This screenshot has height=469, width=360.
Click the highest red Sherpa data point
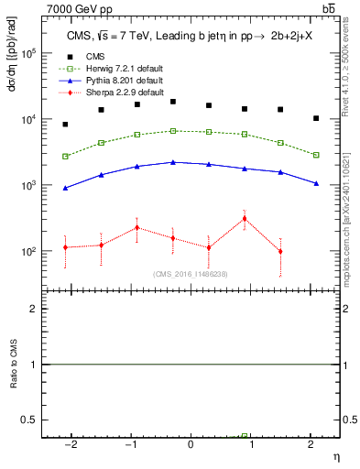(x=245, y=218)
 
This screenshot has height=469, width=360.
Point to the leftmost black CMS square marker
(x=65, y=124)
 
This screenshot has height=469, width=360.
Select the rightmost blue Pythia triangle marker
(x=316, y=183)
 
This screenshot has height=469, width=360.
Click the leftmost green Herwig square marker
(x=65, y=156)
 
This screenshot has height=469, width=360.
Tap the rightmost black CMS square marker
(x=316, y=118)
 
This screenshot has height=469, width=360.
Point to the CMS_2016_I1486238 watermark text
(x=191, y=274)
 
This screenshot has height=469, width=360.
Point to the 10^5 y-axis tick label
(x=27, y=54)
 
